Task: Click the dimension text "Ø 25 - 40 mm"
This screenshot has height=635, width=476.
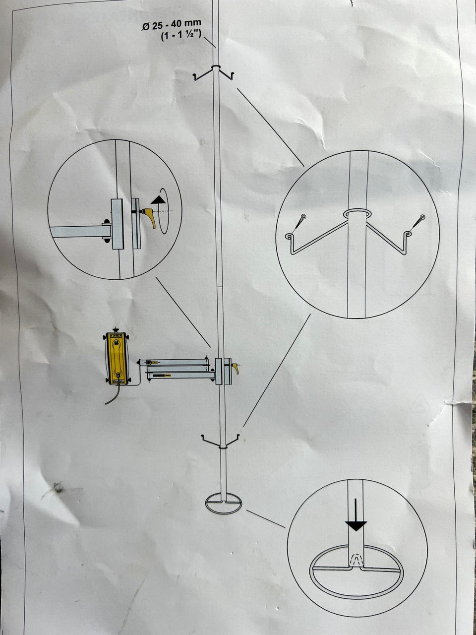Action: pos(172,25)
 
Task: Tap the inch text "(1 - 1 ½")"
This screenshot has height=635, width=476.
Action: pos(181,36)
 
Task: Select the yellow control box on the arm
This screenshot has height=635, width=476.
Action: pos(117,359)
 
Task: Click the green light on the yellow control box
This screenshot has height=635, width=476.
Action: pos(117,343)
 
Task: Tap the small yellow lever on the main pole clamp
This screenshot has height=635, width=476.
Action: pos(236,369)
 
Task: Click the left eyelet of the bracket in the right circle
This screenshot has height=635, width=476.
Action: pos(289,236)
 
